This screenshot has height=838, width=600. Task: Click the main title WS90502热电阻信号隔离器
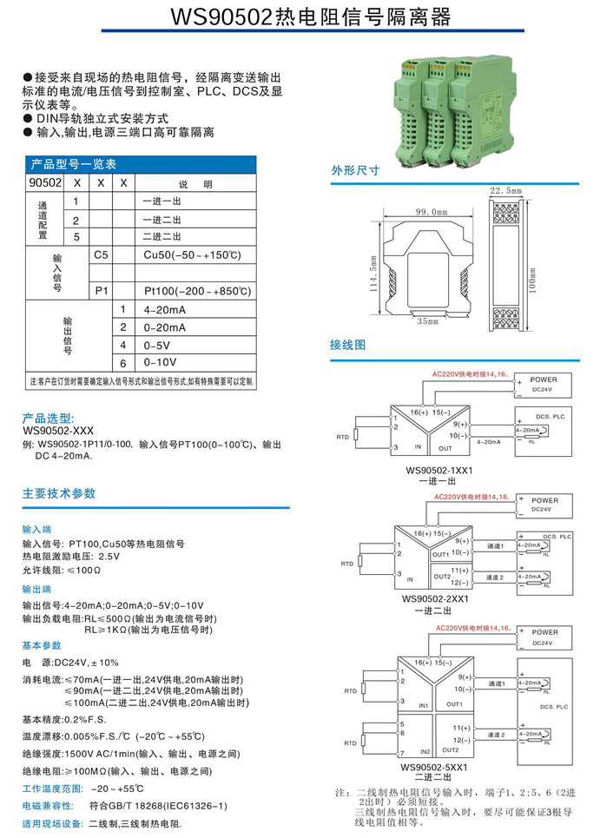tap(300, 17)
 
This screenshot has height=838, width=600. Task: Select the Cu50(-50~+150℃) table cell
tap(191, 254)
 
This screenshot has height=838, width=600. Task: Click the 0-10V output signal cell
tap(160, 362)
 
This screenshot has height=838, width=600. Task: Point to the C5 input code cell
tap(102, 254)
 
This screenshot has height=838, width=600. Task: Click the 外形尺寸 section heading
tap(355, 170)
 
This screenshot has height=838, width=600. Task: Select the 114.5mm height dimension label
tap(374, 274)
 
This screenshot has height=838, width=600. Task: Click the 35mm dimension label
tap(427, 321)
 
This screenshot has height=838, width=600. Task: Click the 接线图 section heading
tap(348, 345)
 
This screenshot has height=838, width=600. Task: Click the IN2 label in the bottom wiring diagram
tap(425, 750)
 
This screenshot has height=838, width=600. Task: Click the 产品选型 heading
tap(49, 418)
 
